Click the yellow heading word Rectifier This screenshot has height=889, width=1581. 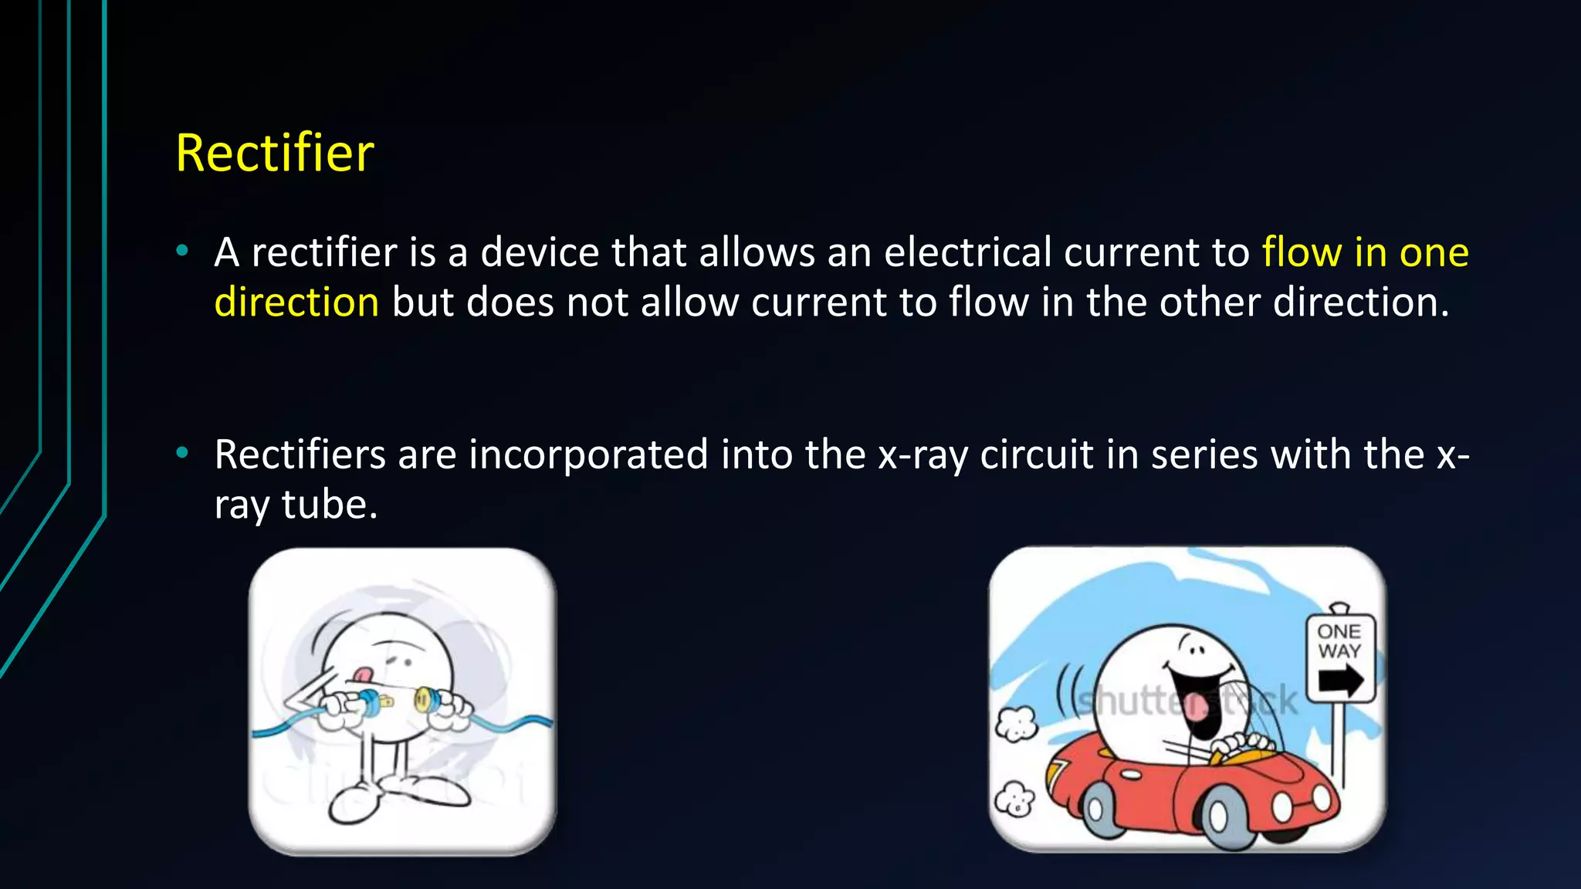(274, 153)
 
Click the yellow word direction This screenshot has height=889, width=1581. (296, 302)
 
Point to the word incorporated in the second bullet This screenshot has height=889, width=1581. (588, 455)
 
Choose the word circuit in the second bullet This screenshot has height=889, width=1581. (1037, 455)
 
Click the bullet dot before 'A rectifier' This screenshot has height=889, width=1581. (182, 250)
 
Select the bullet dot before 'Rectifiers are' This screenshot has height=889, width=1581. (182, 452)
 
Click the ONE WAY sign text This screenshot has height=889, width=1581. (1339, 641)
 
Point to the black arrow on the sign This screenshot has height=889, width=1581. (1341, 681)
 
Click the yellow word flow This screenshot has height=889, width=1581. (1302, 252)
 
